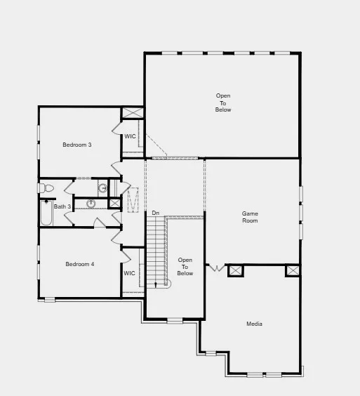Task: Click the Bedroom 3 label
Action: (77, 145)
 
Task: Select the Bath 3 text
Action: (62, 206)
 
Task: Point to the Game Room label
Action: (250, 217)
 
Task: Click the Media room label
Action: (254, 324)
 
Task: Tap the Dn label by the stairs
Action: (155, 213)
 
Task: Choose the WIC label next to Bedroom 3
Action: (130, 136)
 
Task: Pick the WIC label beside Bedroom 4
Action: (129, 273)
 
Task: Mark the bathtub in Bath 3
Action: (46, 213)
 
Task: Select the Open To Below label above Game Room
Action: (223, 103)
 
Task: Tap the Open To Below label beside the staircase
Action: (185, 267)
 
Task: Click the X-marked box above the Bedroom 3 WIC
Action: (132, 112)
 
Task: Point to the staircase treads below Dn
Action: (154, 246)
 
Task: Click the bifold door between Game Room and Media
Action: (217, 268)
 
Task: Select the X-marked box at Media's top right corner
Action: (292, 270)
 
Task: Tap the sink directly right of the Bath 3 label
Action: (91, 204)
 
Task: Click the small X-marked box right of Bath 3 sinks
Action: (114, 203)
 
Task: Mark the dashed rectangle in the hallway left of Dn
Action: (133, 199)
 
